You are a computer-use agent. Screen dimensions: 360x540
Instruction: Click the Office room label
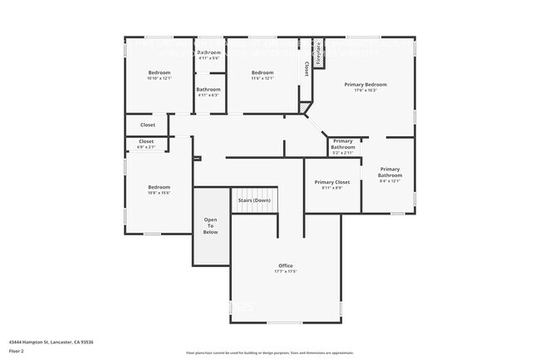point(285,265)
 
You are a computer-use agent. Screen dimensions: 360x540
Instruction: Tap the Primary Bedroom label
point(366,84)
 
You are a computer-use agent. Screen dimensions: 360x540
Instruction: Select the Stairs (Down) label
point(254,200)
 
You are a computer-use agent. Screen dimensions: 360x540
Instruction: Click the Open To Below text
point(211,225)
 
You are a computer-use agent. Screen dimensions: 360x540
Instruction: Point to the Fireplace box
point(317,54)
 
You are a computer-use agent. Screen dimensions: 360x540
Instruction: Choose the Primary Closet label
point(331,182)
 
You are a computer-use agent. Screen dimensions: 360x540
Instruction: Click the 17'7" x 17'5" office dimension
point(285,271)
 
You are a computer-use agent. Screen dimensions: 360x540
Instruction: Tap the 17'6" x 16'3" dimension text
point(366,90)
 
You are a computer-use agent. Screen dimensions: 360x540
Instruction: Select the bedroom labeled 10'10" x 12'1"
point(159,76)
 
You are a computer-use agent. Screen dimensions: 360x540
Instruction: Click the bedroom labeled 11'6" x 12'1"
point(263,76)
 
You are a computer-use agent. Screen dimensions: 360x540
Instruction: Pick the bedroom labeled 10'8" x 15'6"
point(159,190)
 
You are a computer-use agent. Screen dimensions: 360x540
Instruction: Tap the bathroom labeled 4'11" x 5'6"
point(209,55)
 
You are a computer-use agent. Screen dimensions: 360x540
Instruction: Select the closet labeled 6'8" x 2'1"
point(146,144)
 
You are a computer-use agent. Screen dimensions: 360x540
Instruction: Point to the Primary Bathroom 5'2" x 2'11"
point(343,146)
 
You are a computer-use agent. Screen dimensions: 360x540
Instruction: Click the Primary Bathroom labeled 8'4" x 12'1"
point(390,175)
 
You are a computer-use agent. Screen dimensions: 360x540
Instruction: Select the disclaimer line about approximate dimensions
point(270,353)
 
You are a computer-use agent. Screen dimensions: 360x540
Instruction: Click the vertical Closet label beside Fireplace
point(307,68)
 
